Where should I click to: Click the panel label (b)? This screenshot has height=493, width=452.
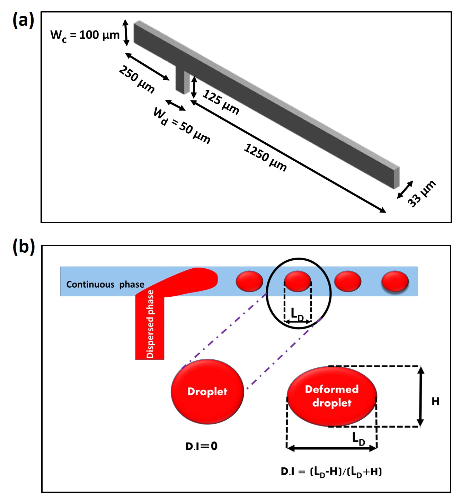24,247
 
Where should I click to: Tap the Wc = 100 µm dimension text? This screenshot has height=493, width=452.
85,36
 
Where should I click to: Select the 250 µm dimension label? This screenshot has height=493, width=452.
137,79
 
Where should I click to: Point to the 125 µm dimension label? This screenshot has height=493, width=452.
221,102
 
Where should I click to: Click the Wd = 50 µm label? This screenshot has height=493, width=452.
181,125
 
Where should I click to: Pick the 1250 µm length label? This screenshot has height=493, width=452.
265,158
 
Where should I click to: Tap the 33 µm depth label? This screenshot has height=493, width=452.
422,194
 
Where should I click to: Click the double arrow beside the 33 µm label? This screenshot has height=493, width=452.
405,189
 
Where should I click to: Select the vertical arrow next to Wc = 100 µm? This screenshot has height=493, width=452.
126,33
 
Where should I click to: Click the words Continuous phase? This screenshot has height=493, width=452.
105,284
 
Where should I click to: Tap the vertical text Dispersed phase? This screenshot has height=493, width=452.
150,324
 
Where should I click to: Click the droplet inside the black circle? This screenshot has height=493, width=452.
298,281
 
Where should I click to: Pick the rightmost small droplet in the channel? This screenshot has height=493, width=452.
395,281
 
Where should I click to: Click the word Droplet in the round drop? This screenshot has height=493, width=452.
207,392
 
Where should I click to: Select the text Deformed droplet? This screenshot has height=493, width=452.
332,396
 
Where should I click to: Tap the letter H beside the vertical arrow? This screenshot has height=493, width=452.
435,401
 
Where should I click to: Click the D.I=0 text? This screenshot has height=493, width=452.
201,446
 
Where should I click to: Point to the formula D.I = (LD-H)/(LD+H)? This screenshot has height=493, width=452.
331,472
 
